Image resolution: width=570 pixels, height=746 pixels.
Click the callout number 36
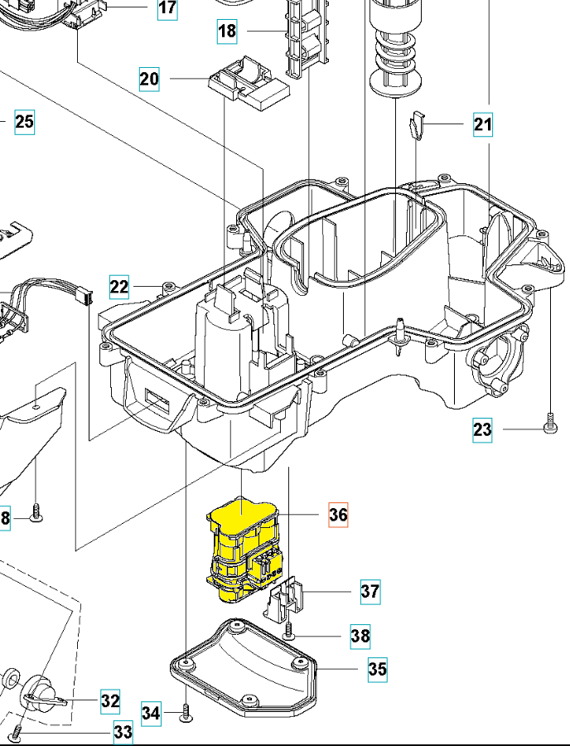[338, 515]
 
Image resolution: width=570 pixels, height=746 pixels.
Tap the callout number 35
[377, 668]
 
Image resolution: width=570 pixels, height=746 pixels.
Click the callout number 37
[370, 591]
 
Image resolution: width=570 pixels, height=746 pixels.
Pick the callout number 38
[360, 636]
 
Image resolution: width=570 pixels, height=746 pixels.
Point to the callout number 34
[151, 712]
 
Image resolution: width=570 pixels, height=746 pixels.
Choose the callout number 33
[123, 733]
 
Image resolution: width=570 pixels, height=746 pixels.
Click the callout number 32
[110, 700]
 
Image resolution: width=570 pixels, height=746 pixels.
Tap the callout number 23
[482, 429]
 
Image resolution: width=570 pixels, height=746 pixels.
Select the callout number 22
[119, 287]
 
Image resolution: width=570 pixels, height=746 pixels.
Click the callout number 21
[483, 124]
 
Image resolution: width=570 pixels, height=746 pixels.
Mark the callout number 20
[149, 80]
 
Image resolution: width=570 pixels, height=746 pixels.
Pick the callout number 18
[227, 31]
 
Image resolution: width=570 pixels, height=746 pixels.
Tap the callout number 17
[167, 8]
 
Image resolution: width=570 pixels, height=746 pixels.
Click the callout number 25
[24, 123]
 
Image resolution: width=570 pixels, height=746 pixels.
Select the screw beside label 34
[185, 710]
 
